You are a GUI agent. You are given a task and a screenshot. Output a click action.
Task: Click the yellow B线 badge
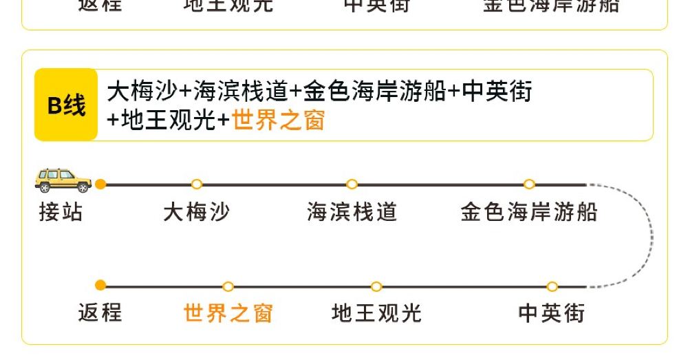tap(66, 105)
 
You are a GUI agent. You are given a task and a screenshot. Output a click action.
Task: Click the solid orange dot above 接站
tap(100, 184)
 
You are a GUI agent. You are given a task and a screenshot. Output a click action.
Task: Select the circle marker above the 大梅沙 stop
tap(197, 184)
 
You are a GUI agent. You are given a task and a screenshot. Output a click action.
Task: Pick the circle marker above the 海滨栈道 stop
tap(352, 184)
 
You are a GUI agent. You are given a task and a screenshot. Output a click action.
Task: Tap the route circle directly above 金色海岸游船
tap(529, 184)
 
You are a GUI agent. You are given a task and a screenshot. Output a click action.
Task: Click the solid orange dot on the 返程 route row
tap(100, 286)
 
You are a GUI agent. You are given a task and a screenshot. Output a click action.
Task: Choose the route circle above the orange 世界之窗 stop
tap(228, 286)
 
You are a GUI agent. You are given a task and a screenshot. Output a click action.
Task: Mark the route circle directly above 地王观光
tap(376, 286)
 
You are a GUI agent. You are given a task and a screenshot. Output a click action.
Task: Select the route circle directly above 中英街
tap(552, 286)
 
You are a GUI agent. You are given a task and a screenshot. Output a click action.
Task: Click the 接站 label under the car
tap(61, 211)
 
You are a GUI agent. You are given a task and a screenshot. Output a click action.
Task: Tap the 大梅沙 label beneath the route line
tap(196, 211)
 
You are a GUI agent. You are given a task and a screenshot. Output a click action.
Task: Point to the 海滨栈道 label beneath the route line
tap(352, 211)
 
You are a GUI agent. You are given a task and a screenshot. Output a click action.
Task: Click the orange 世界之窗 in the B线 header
tap(278, 120)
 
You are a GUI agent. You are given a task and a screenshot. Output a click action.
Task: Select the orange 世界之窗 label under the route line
tap(228, 313)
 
